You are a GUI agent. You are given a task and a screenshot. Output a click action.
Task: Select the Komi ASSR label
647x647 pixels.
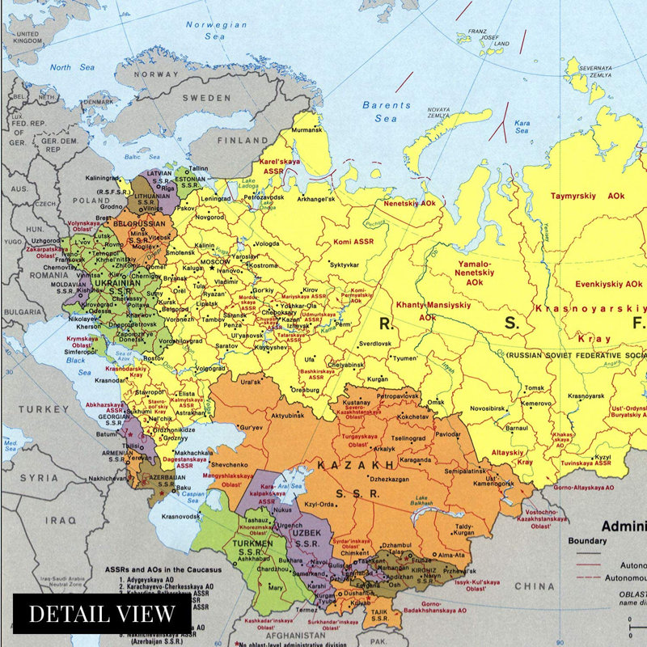coord(353,241)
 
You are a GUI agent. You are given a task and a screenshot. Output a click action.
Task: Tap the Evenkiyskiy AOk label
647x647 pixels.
coord(608,284)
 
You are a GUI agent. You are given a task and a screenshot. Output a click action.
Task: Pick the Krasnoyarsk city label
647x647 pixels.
coord(586,395)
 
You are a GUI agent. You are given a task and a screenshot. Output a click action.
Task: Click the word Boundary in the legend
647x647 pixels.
coord(588,541)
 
